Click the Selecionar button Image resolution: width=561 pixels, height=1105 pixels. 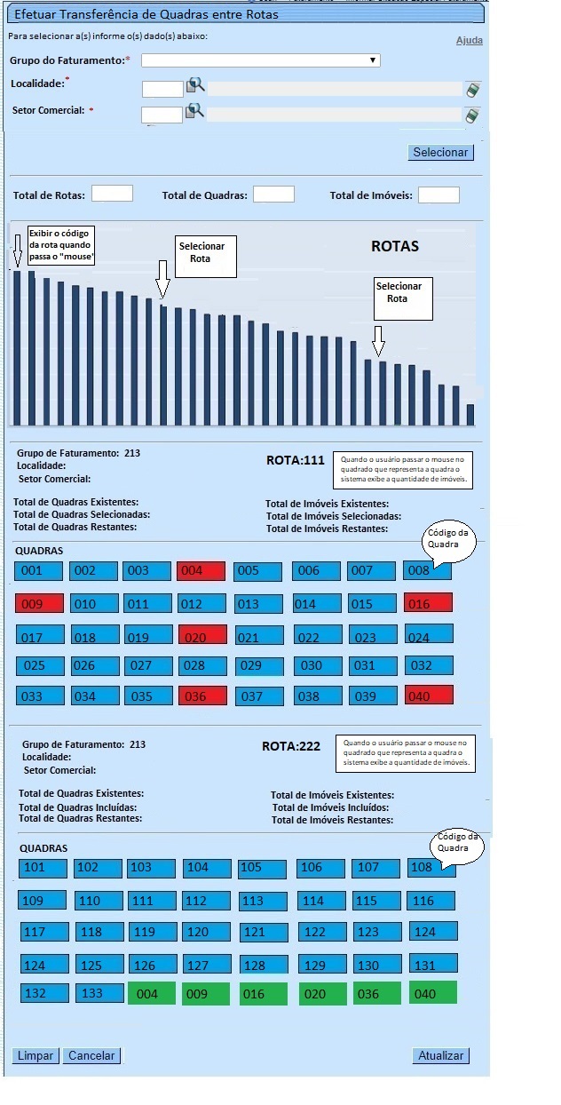(x=440, y=153)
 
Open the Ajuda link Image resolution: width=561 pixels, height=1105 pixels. (x=470, y=41)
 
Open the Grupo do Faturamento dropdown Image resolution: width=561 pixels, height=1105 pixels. (x=261, y=60)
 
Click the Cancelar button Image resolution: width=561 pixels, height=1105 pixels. (x=92, y=1056)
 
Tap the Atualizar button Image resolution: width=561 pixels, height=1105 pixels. (x=441, y=1056)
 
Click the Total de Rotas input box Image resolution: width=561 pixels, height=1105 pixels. (x=112, y=194)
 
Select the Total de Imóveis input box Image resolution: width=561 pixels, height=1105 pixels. (x=439, y=195)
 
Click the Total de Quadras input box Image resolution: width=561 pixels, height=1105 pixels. (x=273, y=194)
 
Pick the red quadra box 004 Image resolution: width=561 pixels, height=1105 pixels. (x=201, y=571)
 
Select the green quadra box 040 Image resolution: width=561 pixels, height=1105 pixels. (x=433, y=993)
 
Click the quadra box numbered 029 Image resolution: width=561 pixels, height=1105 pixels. (x=259, y=665)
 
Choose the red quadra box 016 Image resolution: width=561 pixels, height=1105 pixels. (x=429, y=604)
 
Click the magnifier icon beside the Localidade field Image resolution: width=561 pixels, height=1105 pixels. (x=195, y=85)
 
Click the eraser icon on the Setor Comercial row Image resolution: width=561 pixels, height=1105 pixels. (x=473, y=115)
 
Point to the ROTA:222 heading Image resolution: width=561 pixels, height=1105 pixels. (x=291, y=746)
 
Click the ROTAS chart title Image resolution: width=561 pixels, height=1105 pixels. (x=395, y=246)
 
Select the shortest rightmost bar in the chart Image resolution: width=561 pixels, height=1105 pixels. (x=470, y=414)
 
